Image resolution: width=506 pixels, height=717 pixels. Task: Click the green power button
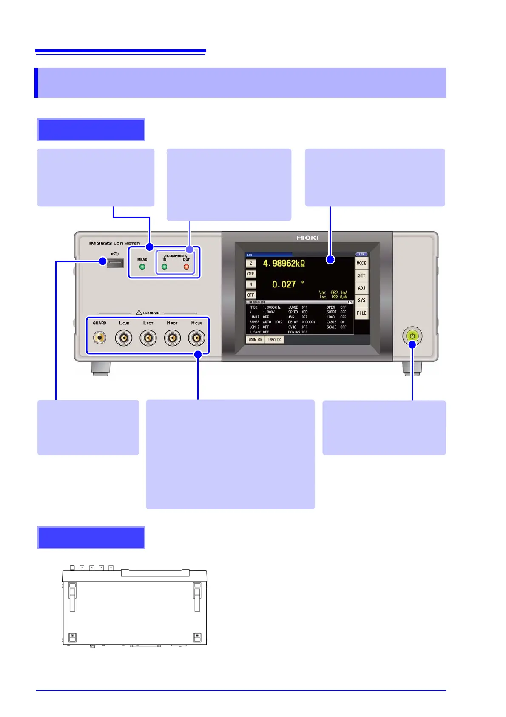pos(412,336)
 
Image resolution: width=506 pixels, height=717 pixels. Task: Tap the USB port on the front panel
pos(115,263)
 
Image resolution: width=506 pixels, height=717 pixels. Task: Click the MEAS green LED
pos(142,267)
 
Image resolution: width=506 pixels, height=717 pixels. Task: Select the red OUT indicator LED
pos(186,267)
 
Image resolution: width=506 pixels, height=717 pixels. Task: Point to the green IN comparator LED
pos(164,267)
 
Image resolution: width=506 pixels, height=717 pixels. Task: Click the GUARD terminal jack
pos(99,338)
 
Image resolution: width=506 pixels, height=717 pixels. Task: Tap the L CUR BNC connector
pos(124,338)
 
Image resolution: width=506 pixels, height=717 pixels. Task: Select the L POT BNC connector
pos(148,338)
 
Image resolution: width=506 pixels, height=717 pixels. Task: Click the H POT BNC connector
pos(172,338)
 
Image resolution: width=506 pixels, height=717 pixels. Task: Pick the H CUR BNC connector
pos(196,338)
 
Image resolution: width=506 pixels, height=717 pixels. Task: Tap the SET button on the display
pos(361,275)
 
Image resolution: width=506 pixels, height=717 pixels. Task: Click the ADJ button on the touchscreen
pos(361,288)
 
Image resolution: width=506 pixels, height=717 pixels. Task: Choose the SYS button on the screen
pos(361,300)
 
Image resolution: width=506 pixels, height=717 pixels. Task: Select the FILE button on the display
pos(361,313)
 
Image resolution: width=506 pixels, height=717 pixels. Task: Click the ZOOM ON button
pos(255,340)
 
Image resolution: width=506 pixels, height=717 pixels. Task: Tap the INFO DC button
pos(275,340)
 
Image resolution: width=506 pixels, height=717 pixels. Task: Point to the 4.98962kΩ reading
pos(284,264)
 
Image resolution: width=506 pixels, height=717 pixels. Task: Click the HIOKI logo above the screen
pos(307,238)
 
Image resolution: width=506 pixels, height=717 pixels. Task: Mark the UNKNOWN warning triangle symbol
pos(139,313)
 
